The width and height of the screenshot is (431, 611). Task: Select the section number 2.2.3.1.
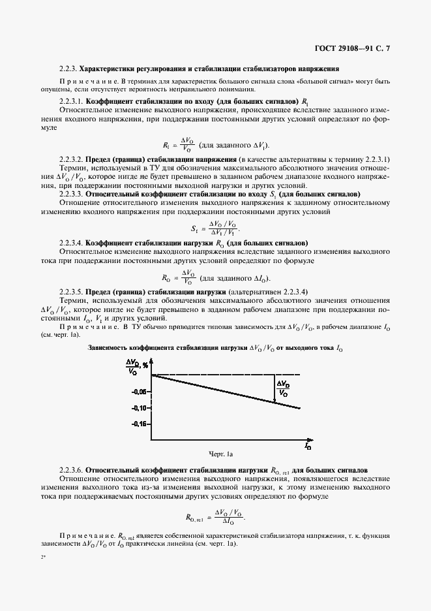coord(72,102)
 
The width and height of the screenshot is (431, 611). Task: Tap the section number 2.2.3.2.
coord(72,160)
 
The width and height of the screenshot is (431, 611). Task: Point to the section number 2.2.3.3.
coord(72,195)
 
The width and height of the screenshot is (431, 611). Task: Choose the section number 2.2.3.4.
coord(72,241)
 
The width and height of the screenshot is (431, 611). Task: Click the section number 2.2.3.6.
coord(72,469)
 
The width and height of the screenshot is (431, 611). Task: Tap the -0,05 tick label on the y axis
coord(138,392)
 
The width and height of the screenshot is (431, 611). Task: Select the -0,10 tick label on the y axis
coord(138,408)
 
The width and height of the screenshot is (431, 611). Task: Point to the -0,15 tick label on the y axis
coord(138,424)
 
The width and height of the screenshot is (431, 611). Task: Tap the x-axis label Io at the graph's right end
coord(307,446)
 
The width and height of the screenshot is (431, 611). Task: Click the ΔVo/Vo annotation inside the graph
coord(283,388)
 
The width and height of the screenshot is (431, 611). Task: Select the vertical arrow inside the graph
coord(275,389)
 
